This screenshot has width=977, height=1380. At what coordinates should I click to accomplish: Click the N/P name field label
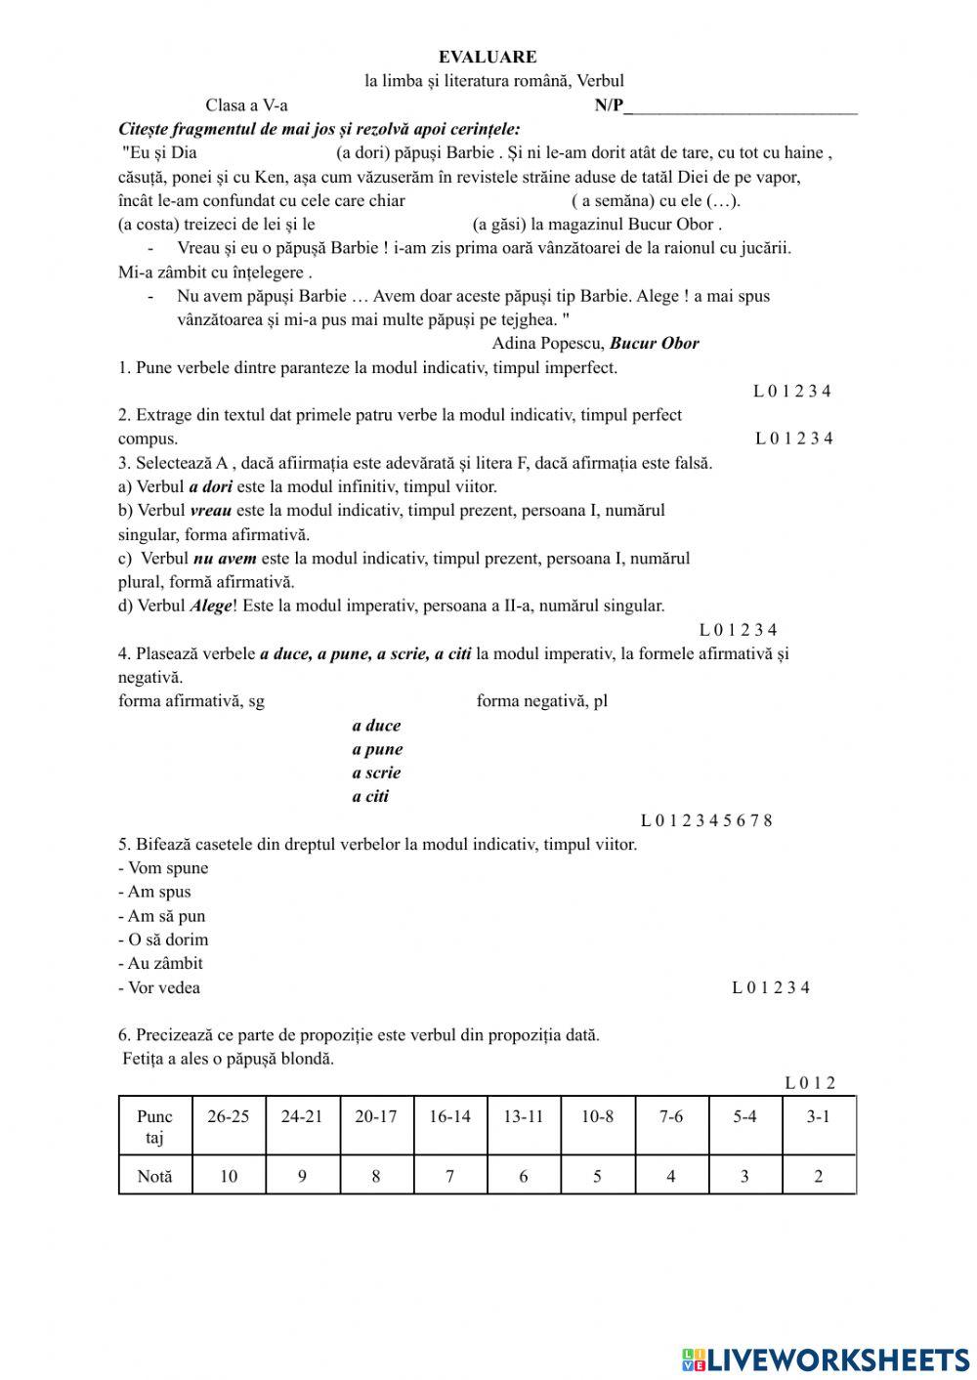tap(609, 105)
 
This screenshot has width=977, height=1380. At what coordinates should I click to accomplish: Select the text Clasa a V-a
tap(246, 105)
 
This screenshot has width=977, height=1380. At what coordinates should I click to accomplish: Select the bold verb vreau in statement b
tap(211, 510)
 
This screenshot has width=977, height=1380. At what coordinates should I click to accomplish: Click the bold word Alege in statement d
tap(211, 606)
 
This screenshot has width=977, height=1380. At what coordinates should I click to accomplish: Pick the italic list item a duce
tap(376, 726)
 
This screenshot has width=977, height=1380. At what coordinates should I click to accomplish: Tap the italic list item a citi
tap(370, 796)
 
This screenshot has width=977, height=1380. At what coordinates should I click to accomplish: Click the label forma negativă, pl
tap(541, 700)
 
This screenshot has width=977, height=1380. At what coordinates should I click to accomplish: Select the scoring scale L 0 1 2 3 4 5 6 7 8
tap(706, 820)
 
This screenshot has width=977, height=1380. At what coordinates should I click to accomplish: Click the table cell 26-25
tap(228, 1116)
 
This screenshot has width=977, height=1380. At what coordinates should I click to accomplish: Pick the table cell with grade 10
tap(228, 1176)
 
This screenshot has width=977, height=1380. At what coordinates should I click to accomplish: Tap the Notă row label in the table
tap(154, 1176)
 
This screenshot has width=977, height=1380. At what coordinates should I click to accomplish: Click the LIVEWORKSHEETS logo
tap(826, 1359)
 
